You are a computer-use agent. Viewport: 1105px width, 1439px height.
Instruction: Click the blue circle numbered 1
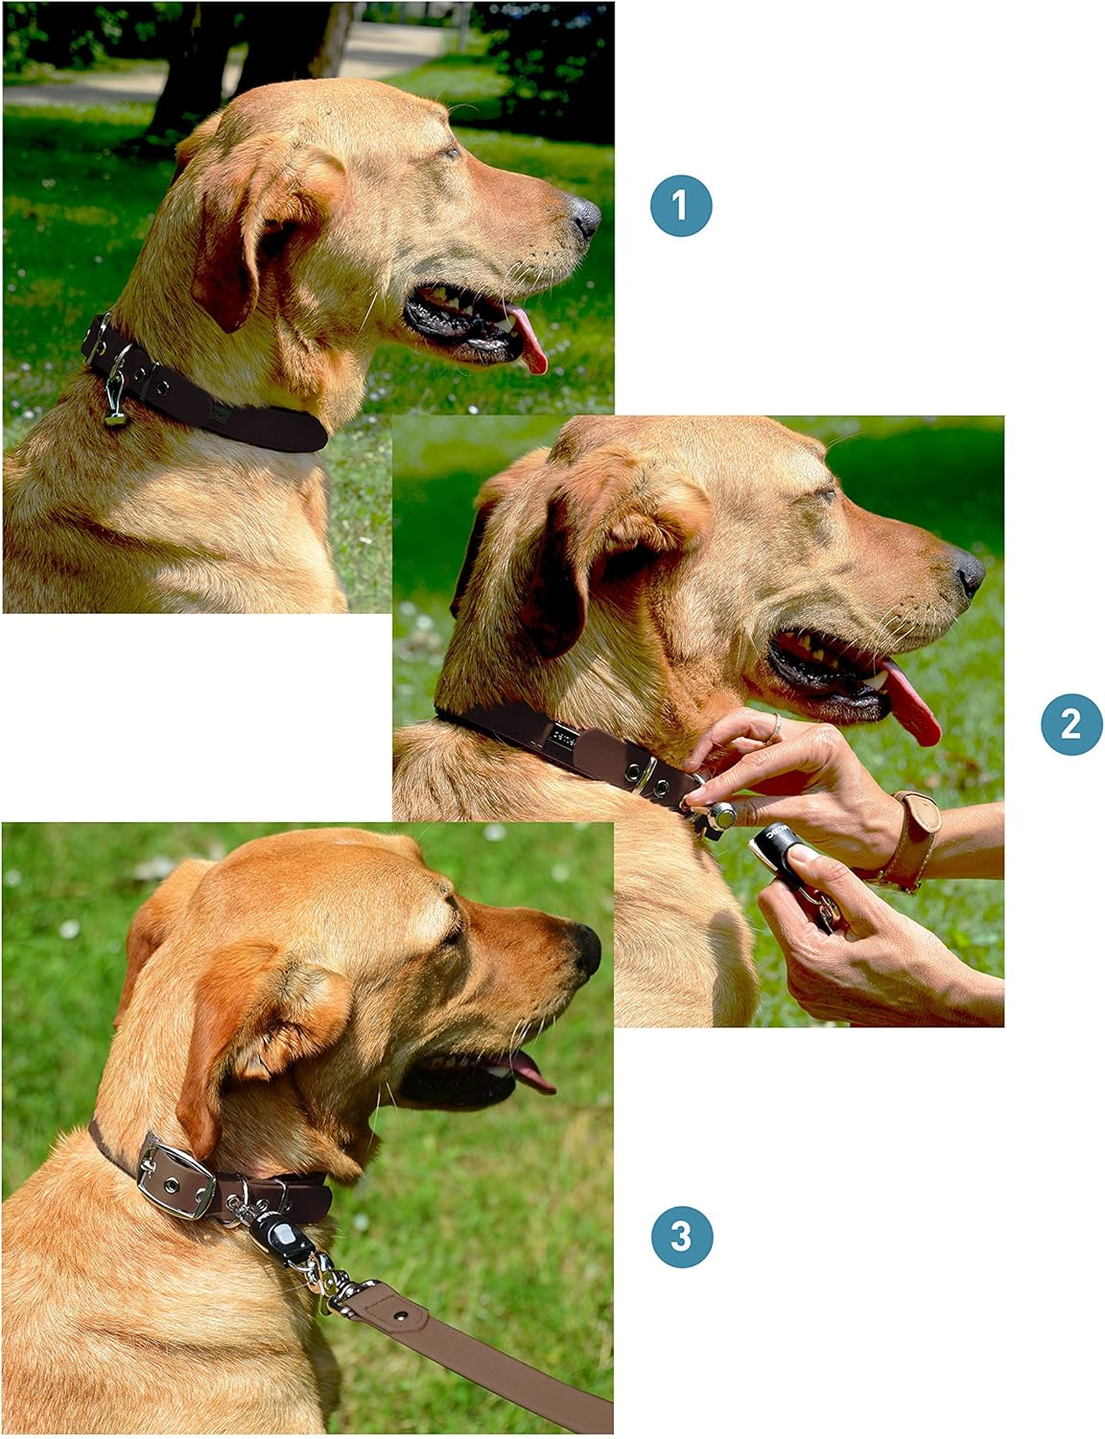coord(681,205)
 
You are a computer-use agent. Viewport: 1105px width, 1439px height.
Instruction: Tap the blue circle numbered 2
coord(1071,723)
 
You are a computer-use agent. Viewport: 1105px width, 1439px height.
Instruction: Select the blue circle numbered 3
coord(681,1236)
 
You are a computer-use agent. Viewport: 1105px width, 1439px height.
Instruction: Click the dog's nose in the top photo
coord(584,217)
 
